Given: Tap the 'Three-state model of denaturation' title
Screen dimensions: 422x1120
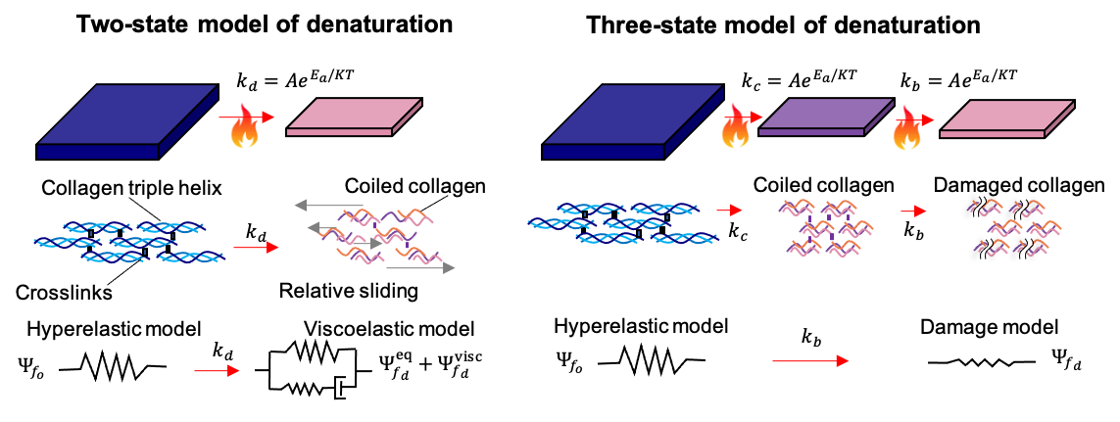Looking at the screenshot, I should pyautogui.click(x=784, y=25).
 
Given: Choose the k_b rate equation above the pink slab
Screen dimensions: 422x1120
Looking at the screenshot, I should pyautogui.click(x=957, y=77).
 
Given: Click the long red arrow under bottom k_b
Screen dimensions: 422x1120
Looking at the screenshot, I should pyautogui.click(x=809, y=362).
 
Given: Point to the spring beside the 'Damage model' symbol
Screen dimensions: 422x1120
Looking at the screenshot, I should pyautogui.click(x=984, y=362).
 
